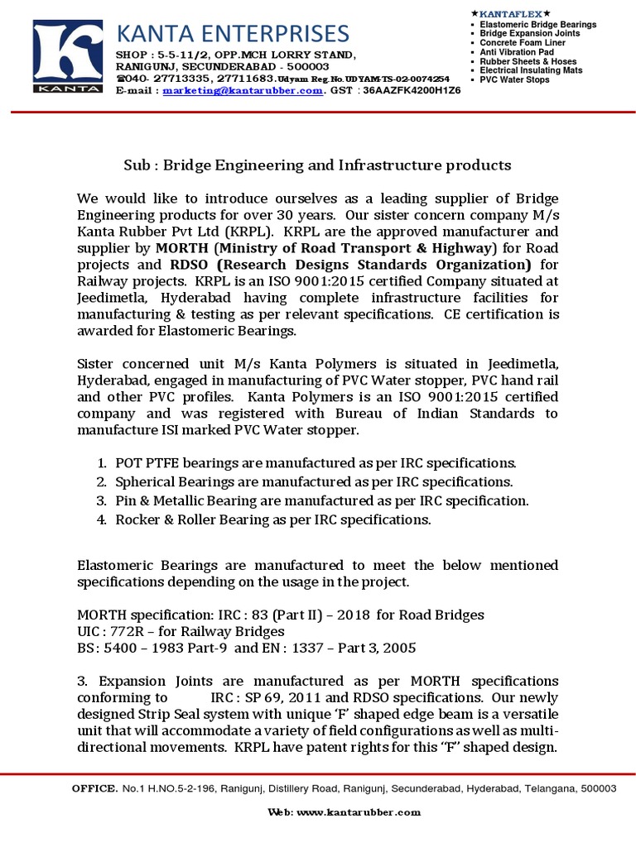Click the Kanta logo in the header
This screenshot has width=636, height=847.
(68, 59)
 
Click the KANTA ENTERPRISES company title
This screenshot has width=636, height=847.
(233, 34)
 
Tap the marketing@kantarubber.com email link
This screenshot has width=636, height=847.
(243, 90)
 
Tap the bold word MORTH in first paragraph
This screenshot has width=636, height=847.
(181, 248)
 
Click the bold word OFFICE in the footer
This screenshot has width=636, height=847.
(94, 789)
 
